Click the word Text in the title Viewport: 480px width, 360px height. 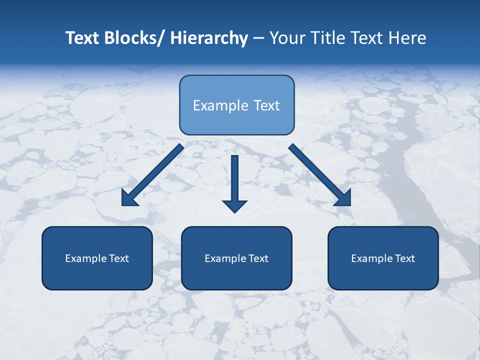point(83,38)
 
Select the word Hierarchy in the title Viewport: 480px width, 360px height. point(209,38)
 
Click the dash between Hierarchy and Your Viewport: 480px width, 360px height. point(258,38)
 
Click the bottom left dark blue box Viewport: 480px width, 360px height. point(97,258)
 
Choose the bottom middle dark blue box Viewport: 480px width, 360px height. point(236,258)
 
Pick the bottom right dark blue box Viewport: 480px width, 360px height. point(383,258)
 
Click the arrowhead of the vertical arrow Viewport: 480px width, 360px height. point(235,205)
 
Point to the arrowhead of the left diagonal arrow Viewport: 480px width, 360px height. point(129,198)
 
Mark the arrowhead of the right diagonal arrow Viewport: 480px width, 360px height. point(343,198)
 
